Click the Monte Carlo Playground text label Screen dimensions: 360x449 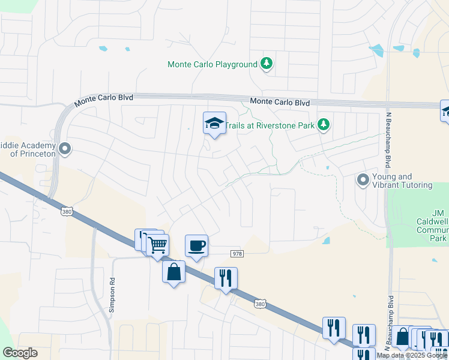click(x=212, y=64)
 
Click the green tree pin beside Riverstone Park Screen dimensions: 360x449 click(x=324, y=125)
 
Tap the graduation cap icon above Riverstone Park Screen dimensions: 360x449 click(x=214, y=123)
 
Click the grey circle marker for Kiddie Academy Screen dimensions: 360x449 click(x=65, y=148)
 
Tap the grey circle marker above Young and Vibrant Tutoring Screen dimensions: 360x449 click(x=363, y=179)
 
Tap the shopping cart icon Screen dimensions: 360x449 click(x=157, y=245)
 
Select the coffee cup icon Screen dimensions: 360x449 click(x=196, y=245)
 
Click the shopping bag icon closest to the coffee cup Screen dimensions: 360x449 click(x=173, y=271)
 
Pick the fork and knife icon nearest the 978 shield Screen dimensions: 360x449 click(x=226, y=278)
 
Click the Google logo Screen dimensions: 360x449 click(x=20, y=353)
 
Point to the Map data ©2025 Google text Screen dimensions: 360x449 click(x=412, y=355)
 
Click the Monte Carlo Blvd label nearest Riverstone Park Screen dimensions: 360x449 click(x=280, y=103)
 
